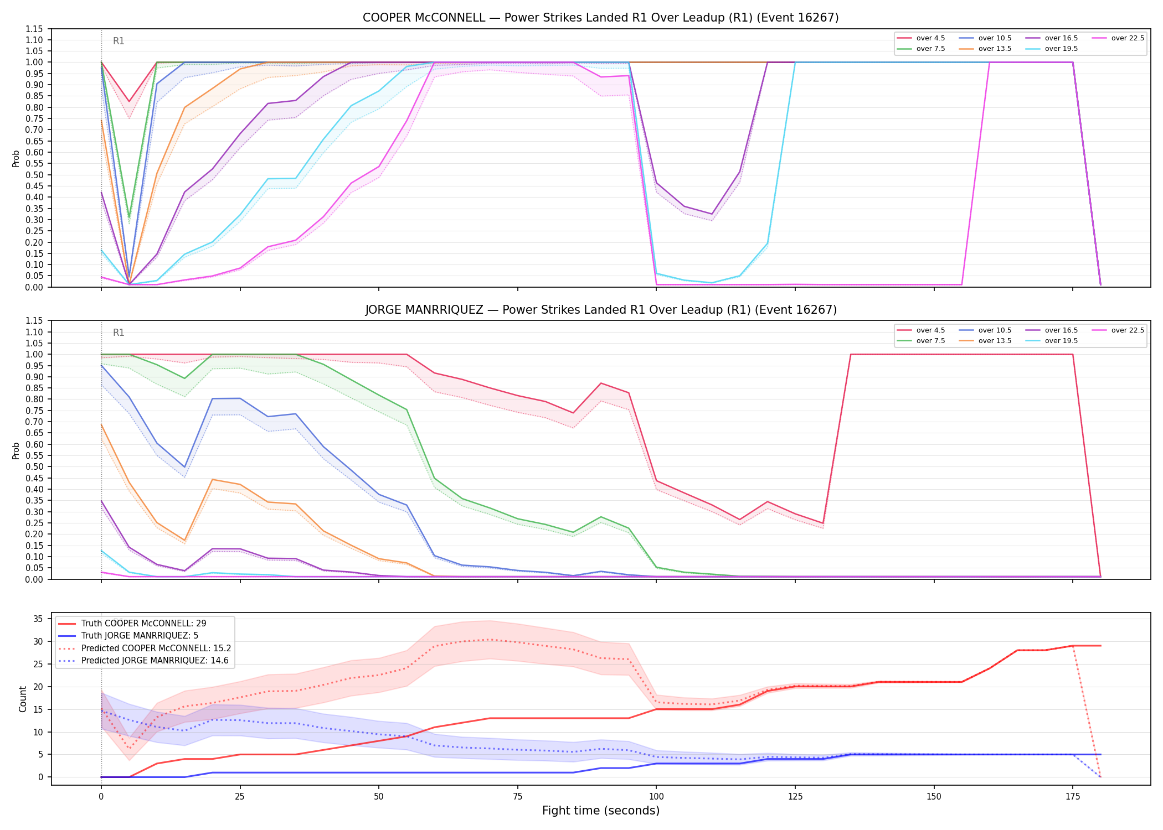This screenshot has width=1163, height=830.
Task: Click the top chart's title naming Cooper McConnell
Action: (600, 18)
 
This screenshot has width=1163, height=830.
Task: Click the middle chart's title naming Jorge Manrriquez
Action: (601, 310)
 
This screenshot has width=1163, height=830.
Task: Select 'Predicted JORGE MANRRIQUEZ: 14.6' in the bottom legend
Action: (145, 661)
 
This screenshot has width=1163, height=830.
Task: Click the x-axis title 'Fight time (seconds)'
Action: (601, 811)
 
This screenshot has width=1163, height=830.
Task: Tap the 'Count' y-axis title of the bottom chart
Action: (23, 699)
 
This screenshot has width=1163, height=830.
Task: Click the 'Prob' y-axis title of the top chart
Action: (16, 158)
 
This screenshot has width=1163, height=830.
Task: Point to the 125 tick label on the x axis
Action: (795, 797)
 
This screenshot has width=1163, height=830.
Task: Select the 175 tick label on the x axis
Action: (1073, 797)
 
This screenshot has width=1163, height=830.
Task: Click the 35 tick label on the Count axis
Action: (38, 619)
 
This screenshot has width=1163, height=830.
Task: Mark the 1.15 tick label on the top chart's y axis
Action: (34, 29)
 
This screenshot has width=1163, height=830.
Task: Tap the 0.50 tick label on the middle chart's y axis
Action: (34, 466)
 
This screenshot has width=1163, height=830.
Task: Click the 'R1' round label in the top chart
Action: (119, 41)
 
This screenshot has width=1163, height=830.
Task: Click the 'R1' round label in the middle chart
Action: (119, 333)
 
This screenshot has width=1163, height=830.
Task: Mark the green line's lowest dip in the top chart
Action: (129, 217)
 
